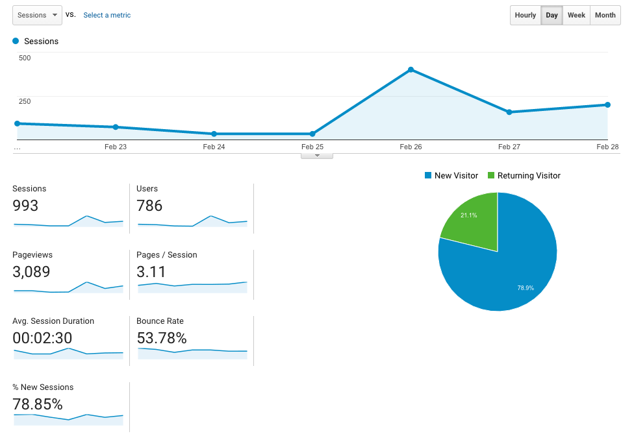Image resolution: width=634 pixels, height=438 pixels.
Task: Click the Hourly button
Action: point(526,15)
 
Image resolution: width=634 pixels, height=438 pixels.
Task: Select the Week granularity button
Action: point(576,15)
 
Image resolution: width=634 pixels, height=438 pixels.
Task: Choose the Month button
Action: point(605,15)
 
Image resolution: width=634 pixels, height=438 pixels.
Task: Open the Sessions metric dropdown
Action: point(37,15)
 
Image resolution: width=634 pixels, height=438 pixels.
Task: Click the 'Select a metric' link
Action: point(107,15)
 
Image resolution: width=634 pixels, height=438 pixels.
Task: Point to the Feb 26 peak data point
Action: point(411,69)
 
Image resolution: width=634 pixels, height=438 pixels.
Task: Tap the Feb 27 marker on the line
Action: point(509,112)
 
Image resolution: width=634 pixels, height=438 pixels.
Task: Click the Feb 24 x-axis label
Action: point(214,147)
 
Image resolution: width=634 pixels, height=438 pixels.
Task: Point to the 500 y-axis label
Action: point(25,58)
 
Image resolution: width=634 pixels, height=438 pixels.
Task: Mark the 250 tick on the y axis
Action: point(25,101)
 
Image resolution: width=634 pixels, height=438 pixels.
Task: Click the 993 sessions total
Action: point(25,206)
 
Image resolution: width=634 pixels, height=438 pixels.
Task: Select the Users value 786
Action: point(149,206)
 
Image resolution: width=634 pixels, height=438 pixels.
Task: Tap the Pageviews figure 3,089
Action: point(31,272)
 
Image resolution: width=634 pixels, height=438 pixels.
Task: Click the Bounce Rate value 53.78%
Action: point(162,338)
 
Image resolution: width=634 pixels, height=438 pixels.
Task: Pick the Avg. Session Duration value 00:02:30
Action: point(42,338)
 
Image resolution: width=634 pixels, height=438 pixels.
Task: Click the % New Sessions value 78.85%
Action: point(38,404)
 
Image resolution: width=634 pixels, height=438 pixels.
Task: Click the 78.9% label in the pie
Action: point(525,287)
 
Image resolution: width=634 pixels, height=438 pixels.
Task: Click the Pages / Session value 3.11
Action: point(151,272)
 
